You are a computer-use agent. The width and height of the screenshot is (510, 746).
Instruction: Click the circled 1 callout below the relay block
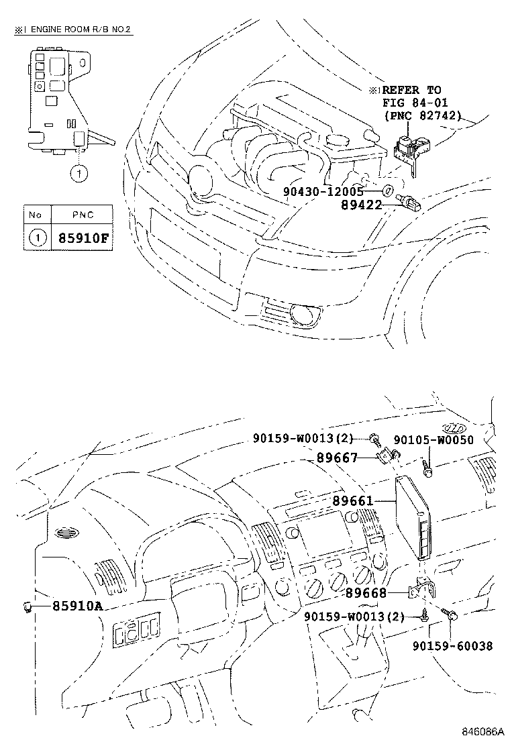pyautogui.click(x=79, y=174)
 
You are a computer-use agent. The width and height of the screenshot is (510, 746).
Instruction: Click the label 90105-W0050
pyautogui.click(x=433, y=440)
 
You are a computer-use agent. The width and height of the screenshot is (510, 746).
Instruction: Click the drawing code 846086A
pyautogui.click(x=482, y=731)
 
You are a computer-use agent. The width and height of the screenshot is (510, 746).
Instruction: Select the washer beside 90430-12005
pyautogui.click(x=387, y=192)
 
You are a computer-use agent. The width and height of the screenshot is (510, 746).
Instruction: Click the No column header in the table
pyautogui.click(x=36, y=215)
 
